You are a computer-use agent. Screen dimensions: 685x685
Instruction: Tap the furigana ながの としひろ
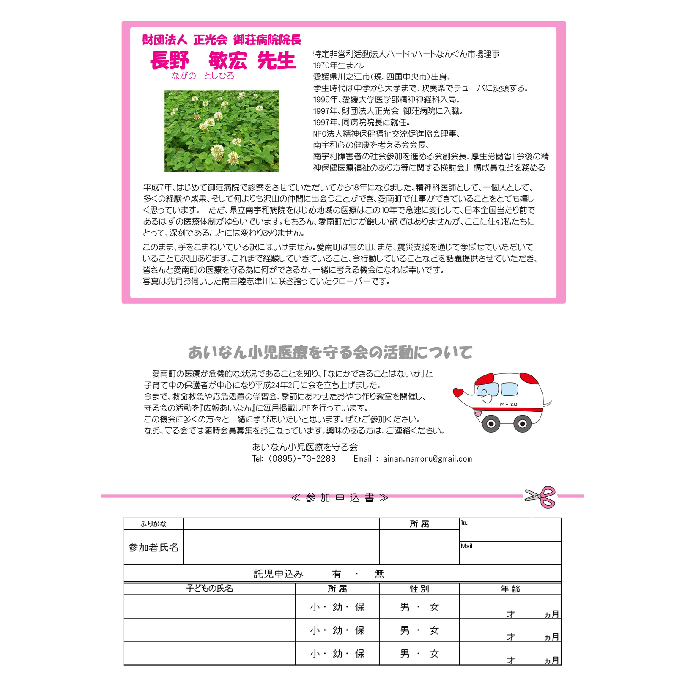pyautogui.click(x=203, y=76)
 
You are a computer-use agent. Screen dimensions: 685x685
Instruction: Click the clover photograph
pyautogui.click(x=222, y=131)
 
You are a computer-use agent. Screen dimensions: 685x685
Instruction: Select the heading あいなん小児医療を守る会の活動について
pyautogui.click(x=330, y=352)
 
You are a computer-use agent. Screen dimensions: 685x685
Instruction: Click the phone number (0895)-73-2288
pyautogui.click(x=302, y=459)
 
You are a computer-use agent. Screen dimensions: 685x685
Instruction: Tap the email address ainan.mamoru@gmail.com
pyautogui.click(x=427, y=459)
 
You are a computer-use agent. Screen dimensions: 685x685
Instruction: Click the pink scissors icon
pyautogui.click(x=541, y=496)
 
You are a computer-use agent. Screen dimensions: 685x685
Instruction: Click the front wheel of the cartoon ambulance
pyautogui.click(x=491, y=424)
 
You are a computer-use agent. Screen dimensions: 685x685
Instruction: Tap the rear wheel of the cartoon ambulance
pyautogui.click(x=523, y=424)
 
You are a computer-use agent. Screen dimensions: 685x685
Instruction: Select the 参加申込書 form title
pyautogui.click(x=340, y=498)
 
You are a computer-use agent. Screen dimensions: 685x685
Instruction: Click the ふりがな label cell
pyautogui.click(x=153, y=524)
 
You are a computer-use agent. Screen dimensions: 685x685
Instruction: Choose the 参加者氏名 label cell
pyautogui.click(x=153, y=548)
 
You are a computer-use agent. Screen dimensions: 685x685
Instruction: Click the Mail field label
pyautogui.click(x=466, y=546)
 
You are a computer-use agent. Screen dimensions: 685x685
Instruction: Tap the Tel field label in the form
pyautogui.click(x=464, y=523)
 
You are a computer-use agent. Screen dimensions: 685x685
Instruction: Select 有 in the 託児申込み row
pyautogui.click(x=336, y=574)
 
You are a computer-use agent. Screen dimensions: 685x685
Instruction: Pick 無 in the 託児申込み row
pyautogui.click(x=379, y=574)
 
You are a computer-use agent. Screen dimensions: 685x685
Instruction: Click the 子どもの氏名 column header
pyautogui.click(x=210, y=589)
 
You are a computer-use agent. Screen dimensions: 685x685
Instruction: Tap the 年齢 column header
pyautogui.click(x=510, y=589)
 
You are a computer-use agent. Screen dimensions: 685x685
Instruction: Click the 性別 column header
pyautogui.click(x=419, y=589)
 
